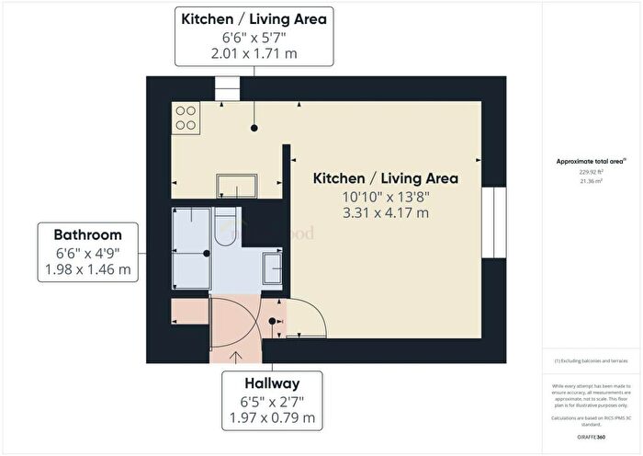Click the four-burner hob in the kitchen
tap(186, 117)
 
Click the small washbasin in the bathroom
tap(272, 268)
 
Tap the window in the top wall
tap(226, 86)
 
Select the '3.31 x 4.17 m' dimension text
tap(385, 212)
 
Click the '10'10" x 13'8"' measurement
tap(385, 196)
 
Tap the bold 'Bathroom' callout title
tap(87, 234)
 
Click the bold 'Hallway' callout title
tap(271, 382)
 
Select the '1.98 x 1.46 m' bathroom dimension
tap(87, 270)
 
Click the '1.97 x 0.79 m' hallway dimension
tap(271, 418)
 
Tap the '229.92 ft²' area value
tap(592, 172)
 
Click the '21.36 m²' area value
tap(592, 181)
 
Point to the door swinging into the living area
tap(307, 317)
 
